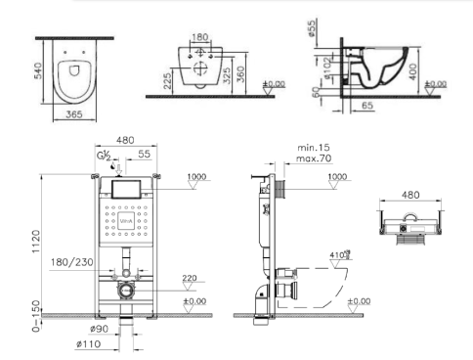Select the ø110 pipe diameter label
coord(90,344)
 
